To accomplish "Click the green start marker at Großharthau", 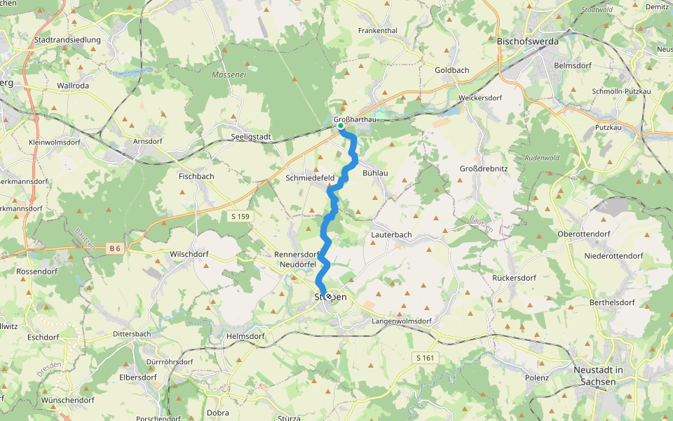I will coord(340,127).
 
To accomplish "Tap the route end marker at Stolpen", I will coord(328,297).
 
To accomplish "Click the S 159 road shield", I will coord(239,216).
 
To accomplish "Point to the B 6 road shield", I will coord(116,248).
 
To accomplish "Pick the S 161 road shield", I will coord(425,358).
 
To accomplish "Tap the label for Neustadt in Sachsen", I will coord(598,375).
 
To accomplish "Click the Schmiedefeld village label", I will coord(310,178).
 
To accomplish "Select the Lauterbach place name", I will coord(392,234).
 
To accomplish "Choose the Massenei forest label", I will coord(229,74).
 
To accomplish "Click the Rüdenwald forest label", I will coord(543,157).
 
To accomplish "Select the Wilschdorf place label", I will coord(189,253).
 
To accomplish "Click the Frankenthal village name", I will coord(377,31).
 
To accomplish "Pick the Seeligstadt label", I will coord(251,137).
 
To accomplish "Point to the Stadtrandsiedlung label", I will coord(67,41).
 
